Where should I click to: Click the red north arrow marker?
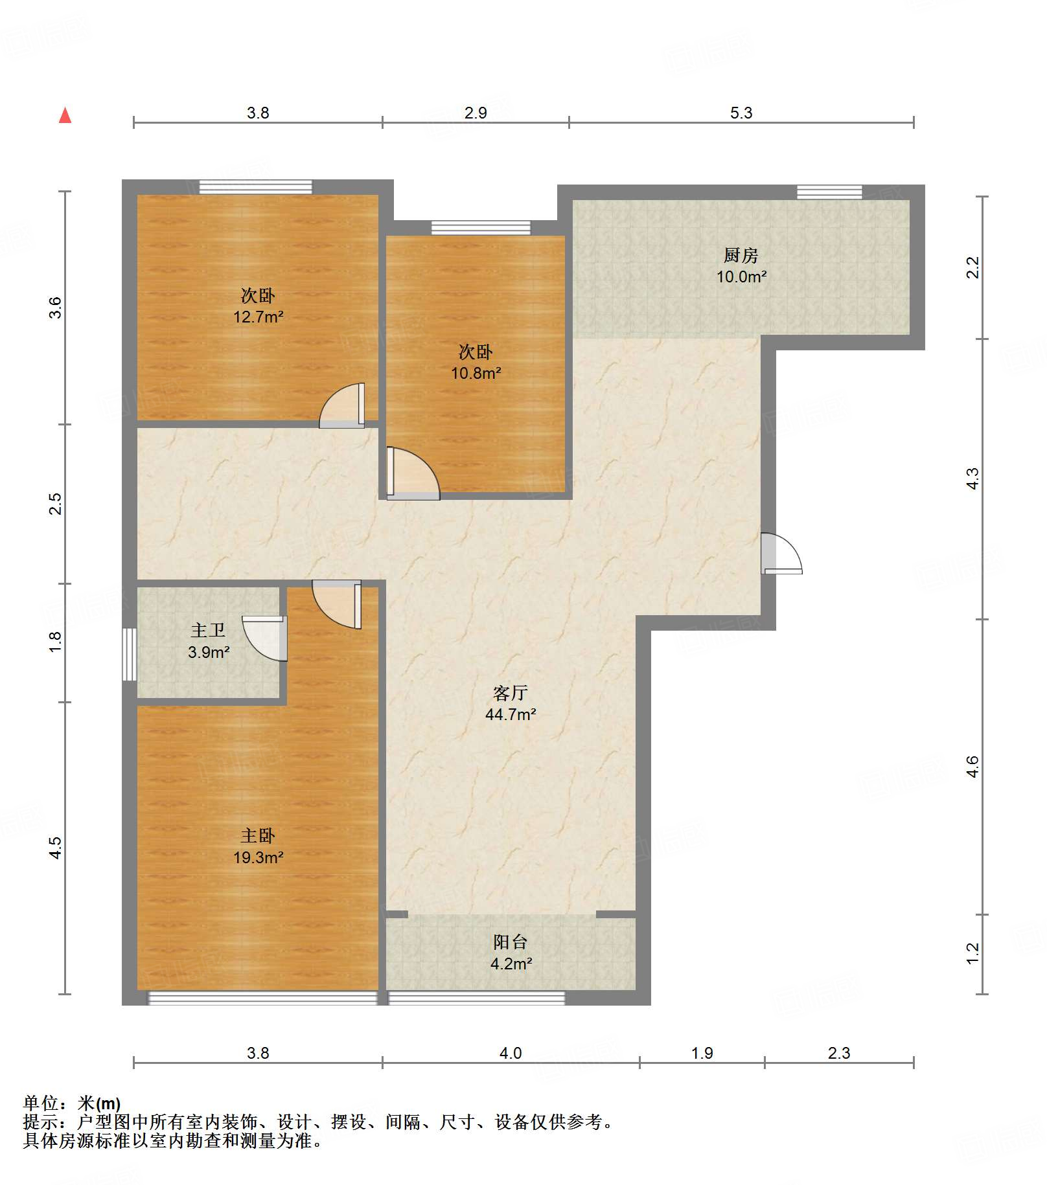pyautogui.click(x=65, y=115)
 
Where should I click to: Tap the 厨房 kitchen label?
pyautogui.click(x=741, y=255)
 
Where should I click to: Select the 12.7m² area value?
pyautogui.click(x=258, y=317)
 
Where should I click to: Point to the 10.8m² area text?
pyautogui.click(x=476, y=373)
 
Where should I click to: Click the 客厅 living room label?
pyautogui.click(x=510, y=693)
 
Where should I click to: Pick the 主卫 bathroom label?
pyautogui.click(x=208, y=630)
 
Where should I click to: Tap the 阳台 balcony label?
pyautogui.click(x=510, y=942)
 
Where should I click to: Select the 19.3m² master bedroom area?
pyautogui.click(x=258, y=857)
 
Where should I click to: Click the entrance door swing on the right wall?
pyautogui.click(x=781, y=553)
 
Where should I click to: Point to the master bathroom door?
pyautogui.click(x=265, y=638)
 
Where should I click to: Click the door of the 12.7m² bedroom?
pyautogui.click(x=341, y=406)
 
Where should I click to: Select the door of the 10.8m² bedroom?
pyautogui.click(x=413, y=473)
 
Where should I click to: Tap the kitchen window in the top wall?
pyautogui.click(x=829, y=192)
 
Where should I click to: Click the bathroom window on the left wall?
pyautogui.click(x=130, y=654)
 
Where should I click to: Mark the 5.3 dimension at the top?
pyautogui.click(x=741, y=113)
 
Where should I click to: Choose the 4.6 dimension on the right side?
pyautogui.click(x=972, y=767)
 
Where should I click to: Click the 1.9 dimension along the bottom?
pyautogui.click(x=702, y=1053)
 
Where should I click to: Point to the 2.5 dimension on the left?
pyautogui.click(x=56, y=504)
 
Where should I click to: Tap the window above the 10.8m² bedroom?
pyautogui.click(x=481, y=228)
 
